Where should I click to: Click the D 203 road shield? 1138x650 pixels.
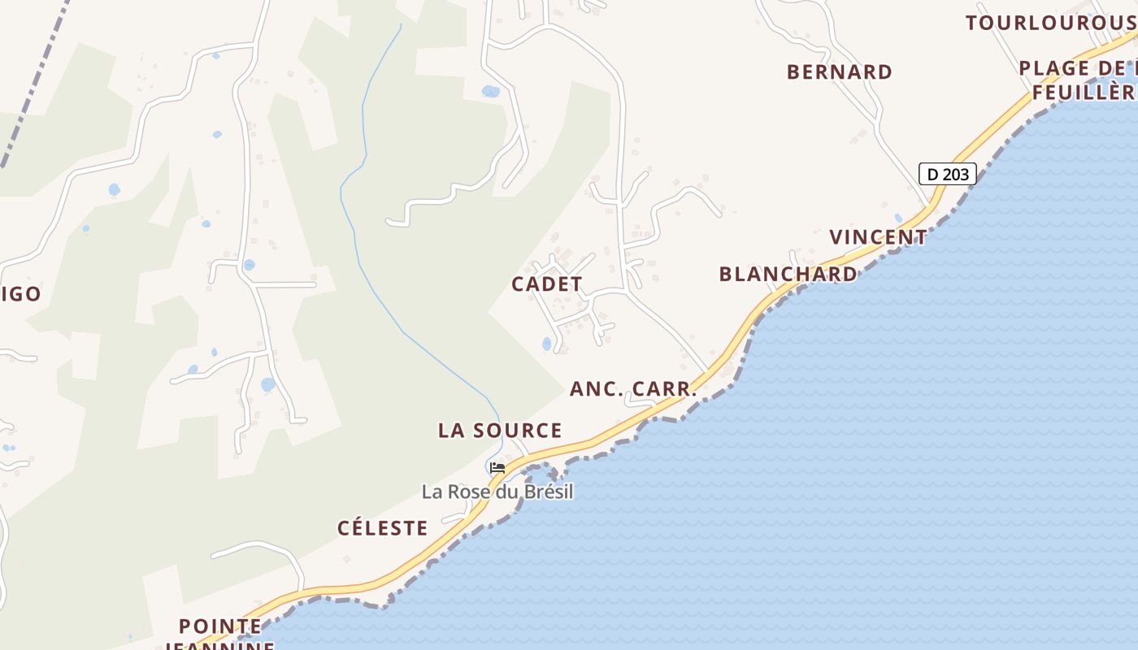tap(947, 174)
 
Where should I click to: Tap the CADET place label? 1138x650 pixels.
tap(547, 284)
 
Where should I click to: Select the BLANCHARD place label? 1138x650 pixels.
tap(788, 275)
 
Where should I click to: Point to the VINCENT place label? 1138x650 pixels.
tap(878, 237)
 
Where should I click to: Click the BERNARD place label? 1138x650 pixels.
tap(840, 72)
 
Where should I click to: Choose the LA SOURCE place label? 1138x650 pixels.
tap(500, 431)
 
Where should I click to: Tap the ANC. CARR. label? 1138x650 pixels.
tap(633, 389)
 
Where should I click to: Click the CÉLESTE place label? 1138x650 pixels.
tap(383, 528)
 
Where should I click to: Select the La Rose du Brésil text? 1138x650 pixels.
tap(497, 492)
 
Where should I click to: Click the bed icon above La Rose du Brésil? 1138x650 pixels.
tap(497, 468)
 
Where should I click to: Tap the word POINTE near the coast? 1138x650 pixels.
tap(220, 626)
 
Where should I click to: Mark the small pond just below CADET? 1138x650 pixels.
tap(547, 344)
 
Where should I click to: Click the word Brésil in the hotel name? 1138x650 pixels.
tap(546, 492)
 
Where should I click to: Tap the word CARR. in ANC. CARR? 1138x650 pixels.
tap(663, 389)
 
